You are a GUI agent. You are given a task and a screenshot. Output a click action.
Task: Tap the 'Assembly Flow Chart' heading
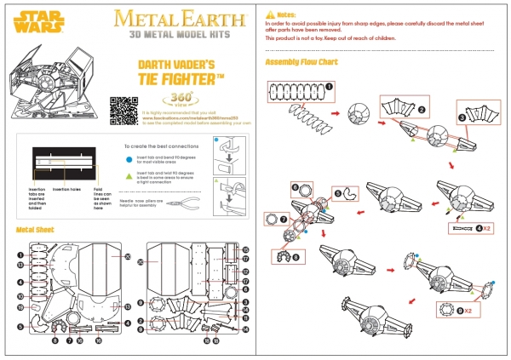[x=301, y=62]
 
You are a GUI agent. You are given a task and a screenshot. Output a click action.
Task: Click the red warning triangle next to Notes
[x=269, y=15]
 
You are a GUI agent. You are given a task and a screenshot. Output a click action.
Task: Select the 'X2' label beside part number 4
[x=489, y=228]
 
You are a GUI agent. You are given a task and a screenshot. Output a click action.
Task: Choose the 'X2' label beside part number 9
[x=469, y=311]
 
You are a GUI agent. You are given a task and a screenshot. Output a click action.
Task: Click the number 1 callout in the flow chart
[x=329, y=84]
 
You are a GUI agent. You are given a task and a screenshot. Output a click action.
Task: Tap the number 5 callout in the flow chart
[x=337, y=194]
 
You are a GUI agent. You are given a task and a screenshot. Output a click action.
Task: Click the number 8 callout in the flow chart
[x=296, y=257]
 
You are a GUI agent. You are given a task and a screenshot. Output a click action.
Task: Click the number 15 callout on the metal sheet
[x=244, y=249]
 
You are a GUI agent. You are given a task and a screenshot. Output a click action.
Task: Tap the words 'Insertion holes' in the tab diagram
[x=66, y=188]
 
